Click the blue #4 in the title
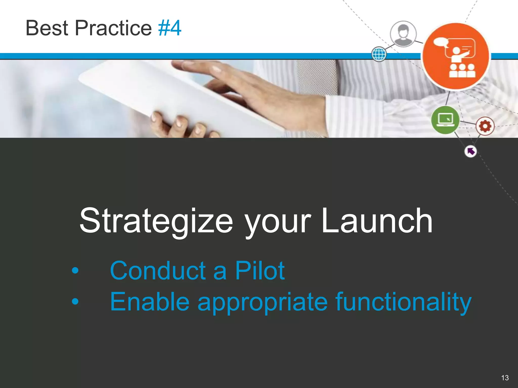click(x=169, y=28)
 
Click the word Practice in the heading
click(x=113, y=28)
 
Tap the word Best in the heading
click(x=47, y=28)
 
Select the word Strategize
click(x=156, y=221)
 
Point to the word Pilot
click(x=260, y=271)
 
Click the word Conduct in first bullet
click(x=158, y=271)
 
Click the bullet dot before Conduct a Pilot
click(x=75, y=271)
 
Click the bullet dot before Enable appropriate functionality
click(x=75, y=301)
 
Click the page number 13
click(x=505, y=378)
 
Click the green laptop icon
click(x=445, y=120)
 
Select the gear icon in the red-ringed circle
click(x=485, y=126)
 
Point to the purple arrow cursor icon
click(x=470, y=151)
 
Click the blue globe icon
click(x=379, y=54)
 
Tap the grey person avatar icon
click(x=403, y=34)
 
